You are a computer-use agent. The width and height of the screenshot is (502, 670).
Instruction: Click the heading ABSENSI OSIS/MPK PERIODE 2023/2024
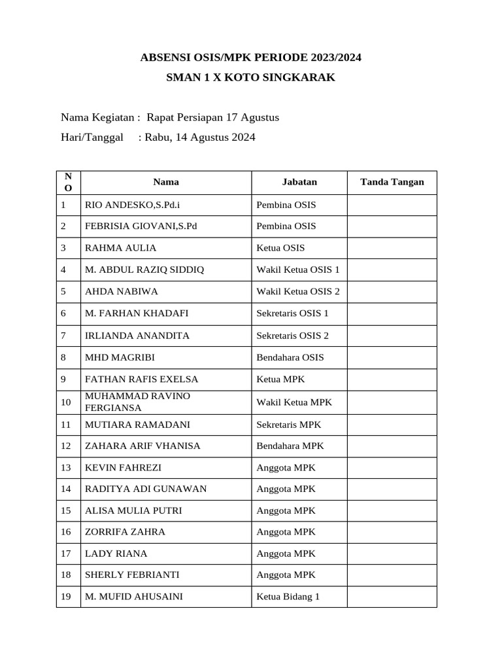250,58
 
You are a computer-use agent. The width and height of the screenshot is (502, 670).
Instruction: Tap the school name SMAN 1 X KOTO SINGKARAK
250,77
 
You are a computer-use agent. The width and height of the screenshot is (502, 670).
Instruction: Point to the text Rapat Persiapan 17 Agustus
213,117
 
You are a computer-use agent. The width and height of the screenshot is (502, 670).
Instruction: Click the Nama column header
166,182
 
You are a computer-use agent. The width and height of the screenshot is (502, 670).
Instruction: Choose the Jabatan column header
299,182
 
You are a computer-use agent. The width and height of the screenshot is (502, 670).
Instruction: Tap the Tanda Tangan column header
392,182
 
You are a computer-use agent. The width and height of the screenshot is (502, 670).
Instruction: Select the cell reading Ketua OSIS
280,248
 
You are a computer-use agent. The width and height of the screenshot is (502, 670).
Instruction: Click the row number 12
66,446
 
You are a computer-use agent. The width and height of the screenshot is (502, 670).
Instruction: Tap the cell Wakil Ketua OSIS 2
298,291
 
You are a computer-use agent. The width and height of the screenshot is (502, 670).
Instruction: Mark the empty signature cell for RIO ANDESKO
392,205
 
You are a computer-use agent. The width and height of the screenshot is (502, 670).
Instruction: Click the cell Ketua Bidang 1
288,596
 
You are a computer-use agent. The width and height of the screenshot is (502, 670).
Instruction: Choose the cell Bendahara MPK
290,446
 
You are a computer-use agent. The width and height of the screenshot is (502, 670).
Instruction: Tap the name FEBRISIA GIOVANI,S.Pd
141,226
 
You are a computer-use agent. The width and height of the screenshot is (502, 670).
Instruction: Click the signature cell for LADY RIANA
392,554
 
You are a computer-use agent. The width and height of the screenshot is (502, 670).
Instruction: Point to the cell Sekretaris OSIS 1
292,313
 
